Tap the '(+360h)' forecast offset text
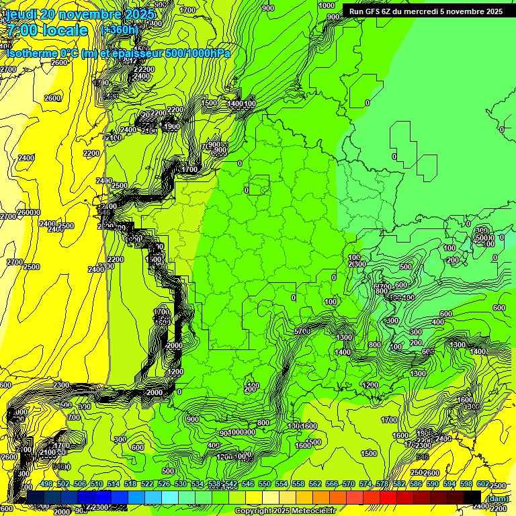coord(118,30)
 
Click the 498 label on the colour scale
coord(46,484)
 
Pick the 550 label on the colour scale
coord(264,484)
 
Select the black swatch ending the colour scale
coord(472,497)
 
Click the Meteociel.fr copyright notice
coord(285,511)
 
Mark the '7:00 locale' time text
coord(47,30)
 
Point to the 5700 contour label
coord(302,332)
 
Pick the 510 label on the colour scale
coord(97,484)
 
